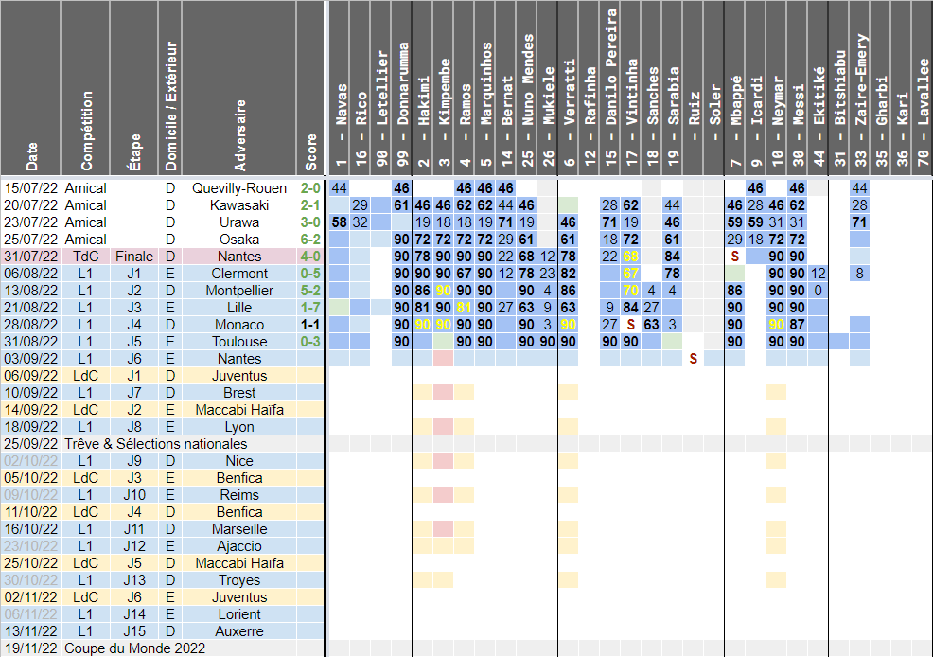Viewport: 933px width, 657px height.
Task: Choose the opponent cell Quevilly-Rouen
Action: pyautogui.click(x=239, y=188)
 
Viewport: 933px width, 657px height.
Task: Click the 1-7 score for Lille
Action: pyautogui.click(x=310, y=308)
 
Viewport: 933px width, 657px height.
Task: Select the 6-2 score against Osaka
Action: pyautogui.click(x=310, y=240)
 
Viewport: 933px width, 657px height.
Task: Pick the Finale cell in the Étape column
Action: pyautogui.click(x=133, y=257)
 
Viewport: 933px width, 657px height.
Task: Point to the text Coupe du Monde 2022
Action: pyautogui.click(x=134, y=648)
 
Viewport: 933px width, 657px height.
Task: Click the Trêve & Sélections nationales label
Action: pyautogui.click(x=158, y=444)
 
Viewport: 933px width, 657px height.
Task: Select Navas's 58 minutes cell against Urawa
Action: pyautogui.click(x=340, y=222)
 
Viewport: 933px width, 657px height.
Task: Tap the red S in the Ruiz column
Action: pyautogui.click(x=694, y=359)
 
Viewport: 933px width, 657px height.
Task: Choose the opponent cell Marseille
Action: pyautogui.click(x=239, y=529)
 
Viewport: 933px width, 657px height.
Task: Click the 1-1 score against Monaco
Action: pyautogui.click(x=310, y=325)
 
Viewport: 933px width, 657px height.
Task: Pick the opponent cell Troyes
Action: pyautogui.click(x=239, y=580)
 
